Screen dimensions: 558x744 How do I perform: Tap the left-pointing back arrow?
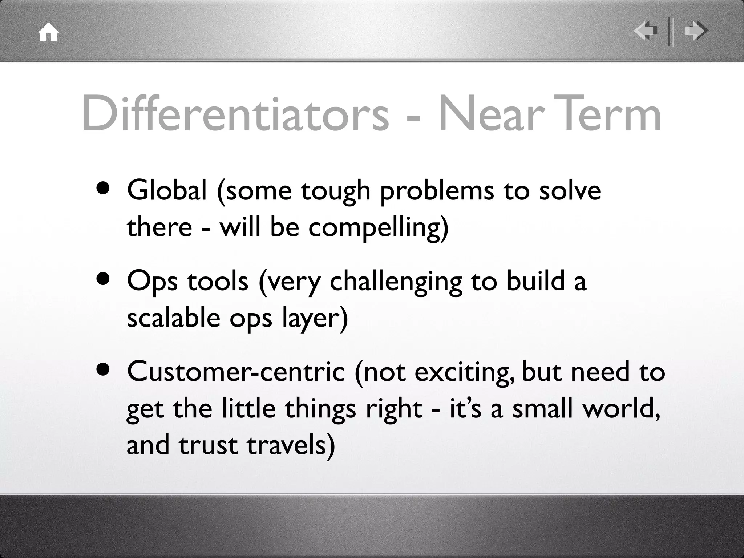coord(646,31)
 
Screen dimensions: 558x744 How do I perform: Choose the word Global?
coord(167,190)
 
